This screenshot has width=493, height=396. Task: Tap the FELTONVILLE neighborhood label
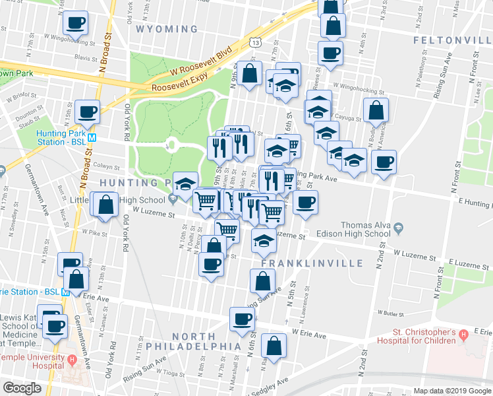pos(452,40)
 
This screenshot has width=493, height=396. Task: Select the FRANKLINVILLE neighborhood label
pos(312,263)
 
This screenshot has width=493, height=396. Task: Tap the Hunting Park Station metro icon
pos(92,138)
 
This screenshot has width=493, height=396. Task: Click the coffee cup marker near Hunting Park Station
pos(87,112)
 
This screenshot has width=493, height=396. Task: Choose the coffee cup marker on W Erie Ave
pos(242,319)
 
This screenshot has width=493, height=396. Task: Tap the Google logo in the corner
pos(22,388)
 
